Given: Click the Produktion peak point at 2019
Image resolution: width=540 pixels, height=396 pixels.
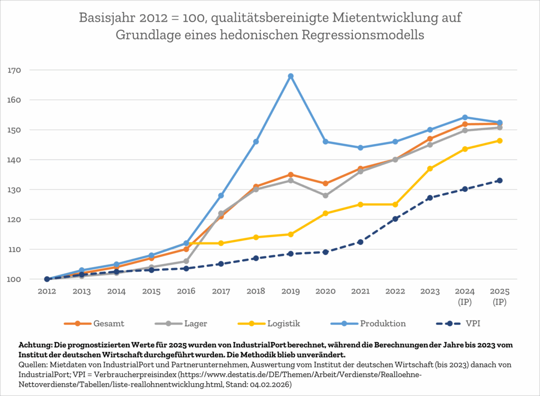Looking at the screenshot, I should [291, 76].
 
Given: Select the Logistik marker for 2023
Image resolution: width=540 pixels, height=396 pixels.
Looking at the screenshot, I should [430, 168].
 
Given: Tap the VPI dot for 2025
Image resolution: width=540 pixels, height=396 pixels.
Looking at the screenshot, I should [499, 181].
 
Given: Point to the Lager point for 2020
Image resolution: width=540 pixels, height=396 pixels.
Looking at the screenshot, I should [325, 195].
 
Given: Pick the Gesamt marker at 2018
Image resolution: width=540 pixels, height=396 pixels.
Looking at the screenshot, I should [256, 186].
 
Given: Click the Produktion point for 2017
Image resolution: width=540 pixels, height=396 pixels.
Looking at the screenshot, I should [221, 195].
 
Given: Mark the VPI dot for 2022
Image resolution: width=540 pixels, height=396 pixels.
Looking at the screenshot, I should [395, 219].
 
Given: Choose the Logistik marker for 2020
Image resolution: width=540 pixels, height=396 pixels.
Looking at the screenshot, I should [325, 213].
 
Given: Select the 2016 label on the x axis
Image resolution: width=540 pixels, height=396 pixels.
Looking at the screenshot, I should [186, 291].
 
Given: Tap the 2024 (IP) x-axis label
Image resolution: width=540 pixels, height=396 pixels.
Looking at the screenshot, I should [465, 296].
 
